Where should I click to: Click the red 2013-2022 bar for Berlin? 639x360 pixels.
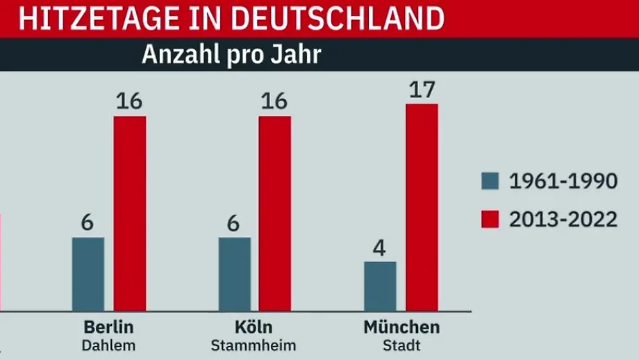tap(130, 213)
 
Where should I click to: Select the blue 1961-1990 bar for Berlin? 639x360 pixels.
tap(88, 274)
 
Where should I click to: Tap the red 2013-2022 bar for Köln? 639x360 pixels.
tap(275, 213)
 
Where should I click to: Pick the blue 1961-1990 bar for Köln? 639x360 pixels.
tap(235, 274)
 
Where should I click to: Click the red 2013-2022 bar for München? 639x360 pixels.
tap(422, 207)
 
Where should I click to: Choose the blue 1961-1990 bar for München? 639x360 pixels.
tap(380, 286)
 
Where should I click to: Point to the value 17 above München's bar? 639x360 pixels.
tap(422, 90)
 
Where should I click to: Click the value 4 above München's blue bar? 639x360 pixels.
tap(380, 248)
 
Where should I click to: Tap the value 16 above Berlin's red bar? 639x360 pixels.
tap(129, 101)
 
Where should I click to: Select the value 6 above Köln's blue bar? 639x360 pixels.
tap(234, 224)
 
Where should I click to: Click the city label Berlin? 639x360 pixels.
tap(108, 327)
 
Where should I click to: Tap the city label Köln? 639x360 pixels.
tap(254, 327)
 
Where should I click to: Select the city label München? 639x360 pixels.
tap(401, 327)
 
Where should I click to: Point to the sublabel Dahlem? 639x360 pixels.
tap(108, 345)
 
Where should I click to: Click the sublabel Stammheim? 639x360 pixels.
tap(254, 345)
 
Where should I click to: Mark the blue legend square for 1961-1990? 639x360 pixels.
tap(490, 181)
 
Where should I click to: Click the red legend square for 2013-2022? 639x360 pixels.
tap(490, 220)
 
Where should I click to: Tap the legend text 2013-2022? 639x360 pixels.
tap(563, 220)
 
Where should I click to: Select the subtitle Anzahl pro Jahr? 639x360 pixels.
tap(231, 55)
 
